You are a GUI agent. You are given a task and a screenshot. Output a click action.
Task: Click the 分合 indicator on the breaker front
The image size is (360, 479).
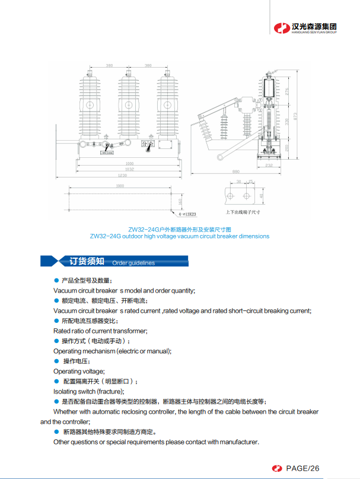pos(148,143)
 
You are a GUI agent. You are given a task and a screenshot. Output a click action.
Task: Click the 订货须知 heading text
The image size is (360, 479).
pos(87,261)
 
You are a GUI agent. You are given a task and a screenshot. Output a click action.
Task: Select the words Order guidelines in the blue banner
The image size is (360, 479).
pos(133,263)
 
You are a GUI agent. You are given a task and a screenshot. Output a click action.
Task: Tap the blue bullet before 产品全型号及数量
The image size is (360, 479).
pos(56,280)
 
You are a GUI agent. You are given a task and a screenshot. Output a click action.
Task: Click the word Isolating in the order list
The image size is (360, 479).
pos(64,391)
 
